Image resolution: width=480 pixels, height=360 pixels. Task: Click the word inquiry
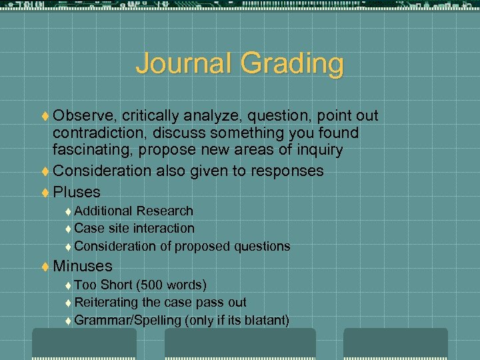point(317,151)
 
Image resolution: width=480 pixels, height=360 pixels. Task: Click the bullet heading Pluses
point(77,192)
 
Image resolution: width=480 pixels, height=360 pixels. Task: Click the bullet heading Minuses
point(83,266)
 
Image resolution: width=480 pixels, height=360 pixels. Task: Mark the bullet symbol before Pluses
point(45,193)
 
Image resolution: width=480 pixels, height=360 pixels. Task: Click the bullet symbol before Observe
point(45,116)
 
